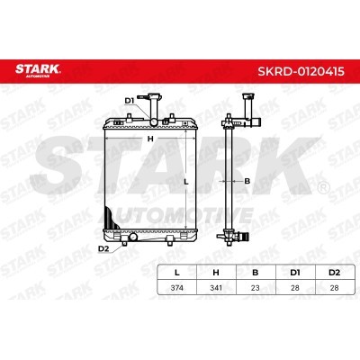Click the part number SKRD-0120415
[301, 71]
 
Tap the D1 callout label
[130, 101]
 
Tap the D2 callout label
[103, 248]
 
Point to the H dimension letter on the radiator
[150, 139]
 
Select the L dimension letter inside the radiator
[186, 182]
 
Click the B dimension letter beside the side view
[247, 181]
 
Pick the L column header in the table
[177, 273]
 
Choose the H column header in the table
[216, 273]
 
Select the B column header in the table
[256, 273]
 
